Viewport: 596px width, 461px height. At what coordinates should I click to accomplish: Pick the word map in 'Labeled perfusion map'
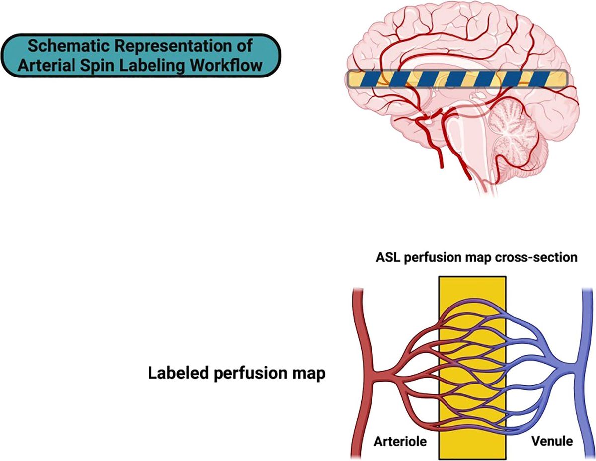(307, 372)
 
